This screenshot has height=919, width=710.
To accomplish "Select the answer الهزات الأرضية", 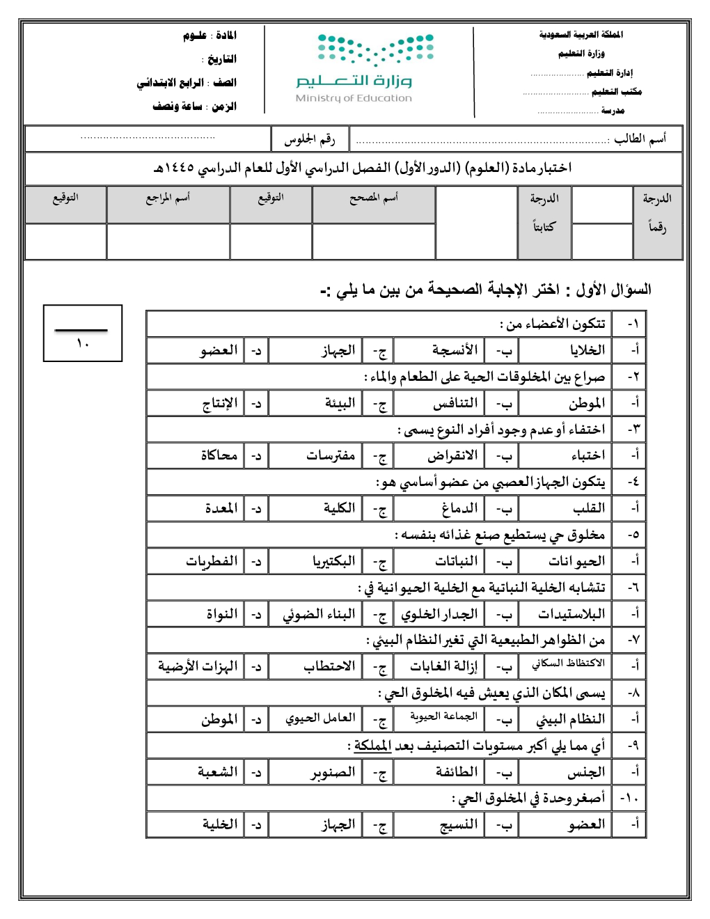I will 198,666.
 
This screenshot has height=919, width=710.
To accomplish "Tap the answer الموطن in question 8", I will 219,719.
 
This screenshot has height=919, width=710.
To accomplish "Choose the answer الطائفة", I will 457,772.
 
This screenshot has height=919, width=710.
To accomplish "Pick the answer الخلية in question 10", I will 220,824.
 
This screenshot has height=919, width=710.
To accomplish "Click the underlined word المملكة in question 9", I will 373,746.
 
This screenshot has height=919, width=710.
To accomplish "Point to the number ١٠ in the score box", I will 83,343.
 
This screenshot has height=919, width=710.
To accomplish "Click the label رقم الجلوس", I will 310,140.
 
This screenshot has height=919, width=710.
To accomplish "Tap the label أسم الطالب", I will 640,139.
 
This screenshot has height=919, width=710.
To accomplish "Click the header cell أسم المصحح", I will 374,198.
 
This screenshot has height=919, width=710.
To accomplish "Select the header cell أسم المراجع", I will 168,198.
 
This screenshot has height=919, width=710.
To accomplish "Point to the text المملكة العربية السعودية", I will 581,35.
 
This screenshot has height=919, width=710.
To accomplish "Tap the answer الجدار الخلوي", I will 440,614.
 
